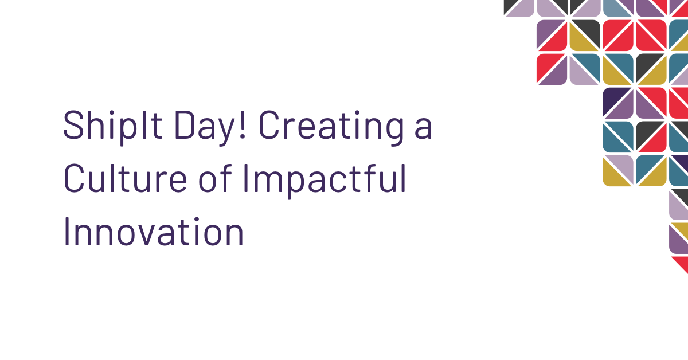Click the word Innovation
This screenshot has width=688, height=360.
tap(153, 232)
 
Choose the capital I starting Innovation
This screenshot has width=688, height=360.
tap(66, 232)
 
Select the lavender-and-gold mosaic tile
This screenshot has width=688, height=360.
tap(618, 170)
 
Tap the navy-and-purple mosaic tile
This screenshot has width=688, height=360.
tap(618, 103)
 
